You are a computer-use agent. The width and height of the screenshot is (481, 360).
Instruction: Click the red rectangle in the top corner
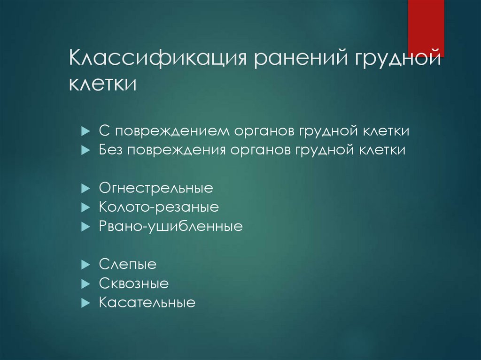[x=426, y=28]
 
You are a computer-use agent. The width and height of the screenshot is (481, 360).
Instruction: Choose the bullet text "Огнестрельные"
[x=156, y=189]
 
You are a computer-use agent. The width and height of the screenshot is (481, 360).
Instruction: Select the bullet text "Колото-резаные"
[x=159, y=207]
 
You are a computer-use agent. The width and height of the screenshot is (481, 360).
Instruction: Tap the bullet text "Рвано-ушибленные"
[x=171, y=227]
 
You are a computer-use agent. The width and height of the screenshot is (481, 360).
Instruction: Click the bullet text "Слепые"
[x=127, y=265]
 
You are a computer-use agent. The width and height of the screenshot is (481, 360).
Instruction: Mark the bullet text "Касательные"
[x=147, y=302]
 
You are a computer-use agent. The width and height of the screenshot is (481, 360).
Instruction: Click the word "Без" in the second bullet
[x=109, y=150]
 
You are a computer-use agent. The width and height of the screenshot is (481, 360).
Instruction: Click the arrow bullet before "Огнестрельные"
[x=85, y=189]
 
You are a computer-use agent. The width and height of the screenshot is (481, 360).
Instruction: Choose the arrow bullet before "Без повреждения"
[x=85, y=151]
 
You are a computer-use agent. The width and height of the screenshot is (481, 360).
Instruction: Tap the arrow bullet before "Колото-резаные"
[x=85, y=207]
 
